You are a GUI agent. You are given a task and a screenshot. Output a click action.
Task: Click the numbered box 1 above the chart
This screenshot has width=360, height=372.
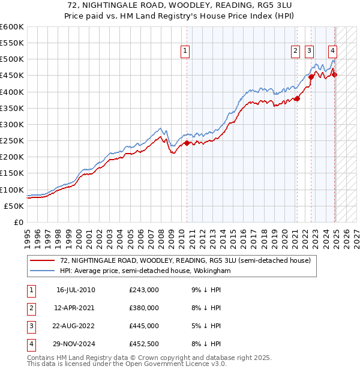pyautogui.click(x=185, y=52)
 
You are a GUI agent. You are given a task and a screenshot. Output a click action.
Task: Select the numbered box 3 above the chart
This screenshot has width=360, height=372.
pyautogui.click(x=309, y=52)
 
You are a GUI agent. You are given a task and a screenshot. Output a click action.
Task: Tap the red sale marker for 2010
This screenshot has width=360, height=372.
pyautogui.click(x=187, y=143)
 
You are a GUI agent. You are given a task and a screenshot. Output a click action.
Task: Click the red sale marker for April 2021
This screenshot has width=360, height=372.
pyautogui.click(x=297, y=99)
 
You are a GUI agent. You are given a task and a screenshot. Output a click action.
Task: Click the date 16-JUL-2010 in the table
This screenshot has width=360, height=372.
pyautogui.click(x=76, y=290)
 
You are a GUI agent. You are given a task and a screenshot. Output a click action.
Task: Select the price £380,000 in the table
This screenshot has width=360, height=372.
pyautogui.click(x=144, y=308)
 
